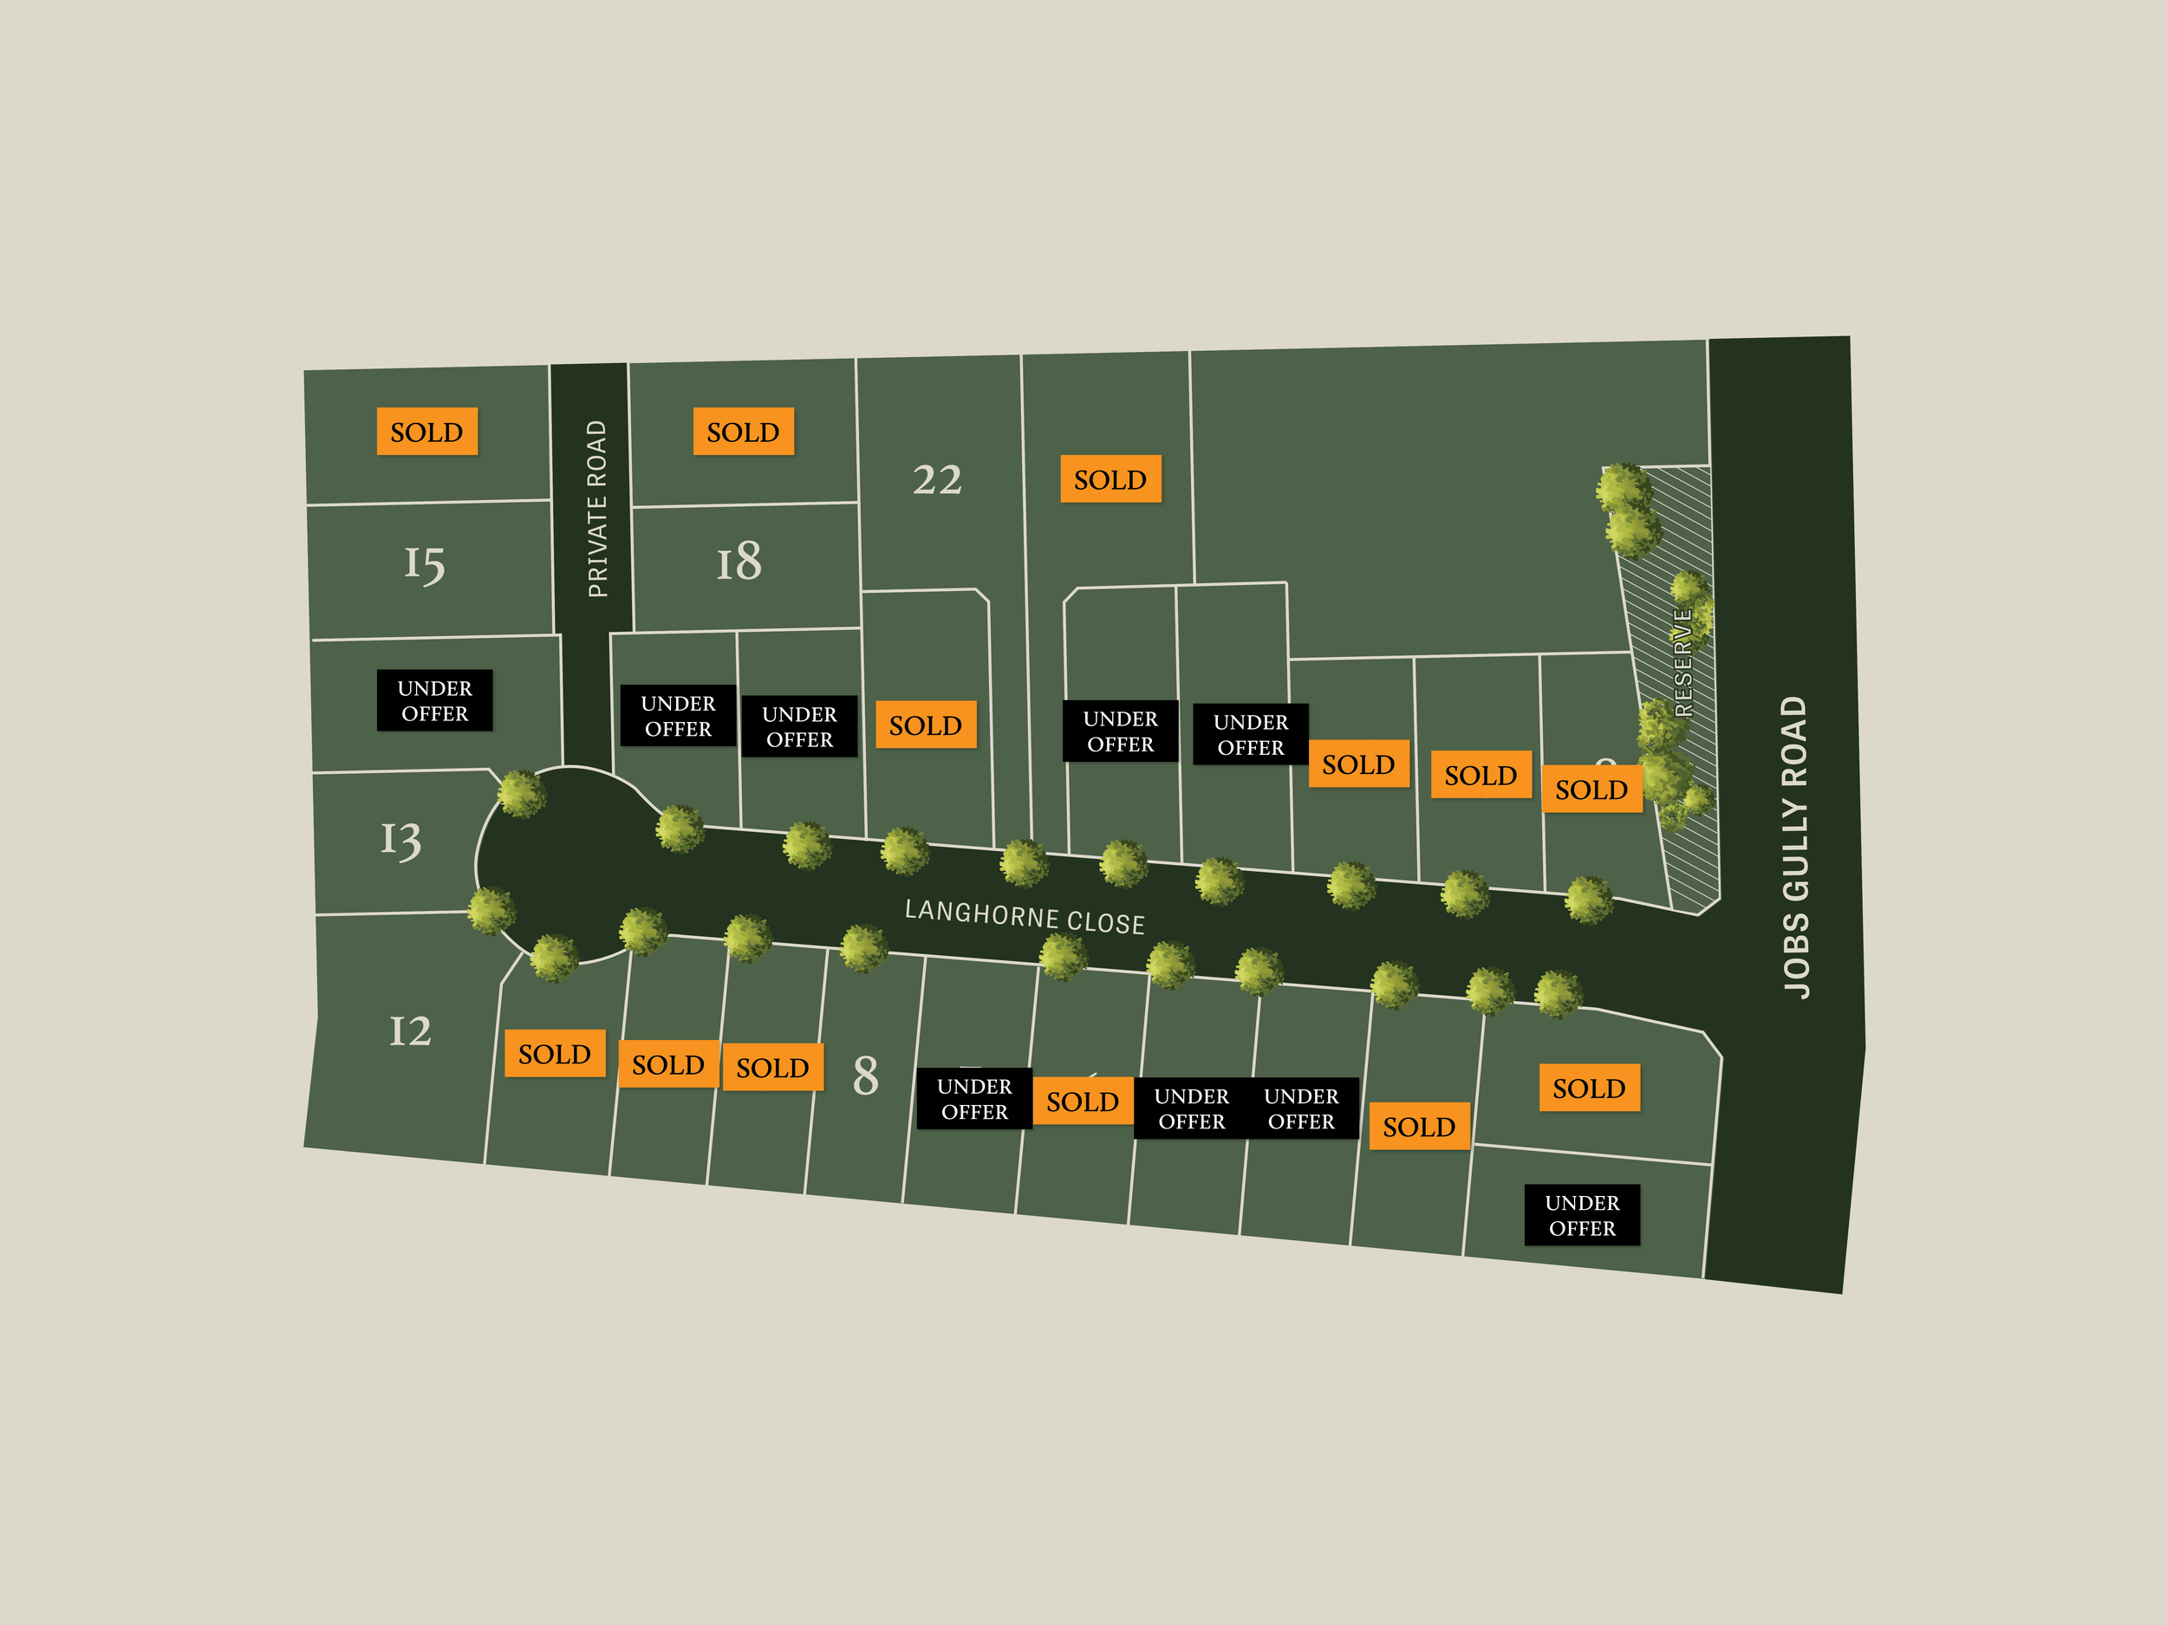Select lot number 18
[x=739, y=562]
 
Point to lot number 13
[x=400, y=840]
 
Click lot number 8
[x=865, y=1076]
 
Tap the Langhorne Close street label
[x=1024, y=916]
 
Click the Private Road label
[x=596, y=509]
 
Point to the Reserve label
[x=1683, y=662]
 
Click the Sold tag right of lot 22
[x=1110, y=479]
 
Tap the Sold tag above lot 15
[x=426, y=432]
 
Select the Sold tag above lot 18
[x=743, y=432]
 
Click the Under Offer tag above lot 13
[x=434, y=700]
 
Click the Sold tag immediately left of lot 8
[x=772, y=1067]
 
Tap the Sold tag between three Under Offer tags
[x=1082, y=1101]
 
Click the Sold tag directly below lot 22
[x=925, y=725]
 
